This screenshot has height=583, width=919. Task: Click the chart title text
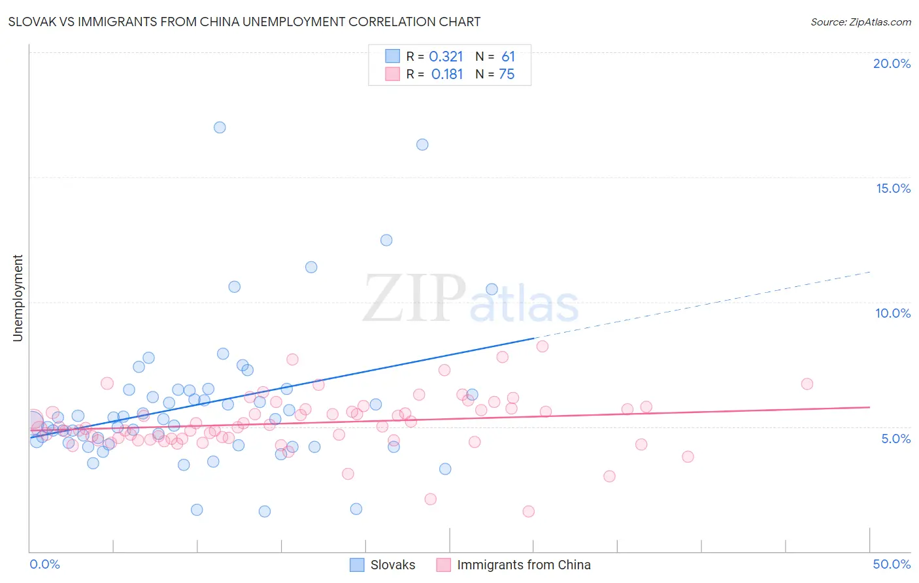coord(244,22)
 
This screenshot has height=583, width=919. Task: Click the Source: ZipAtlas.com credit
coord(860,22)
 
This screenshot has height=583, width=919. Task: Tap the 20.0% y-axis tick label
coord(892,63)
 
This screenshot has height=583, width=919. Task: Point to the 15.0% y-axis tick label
coord(893,188)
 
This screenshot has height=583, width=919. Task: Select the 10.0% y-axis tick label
coord(893,313)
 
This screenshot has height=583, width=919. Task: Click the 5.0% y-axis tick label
coord(895,439)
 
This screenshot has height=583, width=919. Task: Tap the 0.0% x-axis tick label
coord(44,564)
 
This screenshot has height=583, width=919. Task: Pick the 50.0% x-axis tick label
coord(892,564)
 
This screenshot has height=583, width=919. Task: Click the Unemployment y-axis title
coord(18,298)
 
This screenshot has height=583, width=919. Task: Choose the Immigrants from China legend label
coord(524,565)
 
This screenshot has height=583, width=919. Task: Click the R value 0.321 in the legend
coord(446,57)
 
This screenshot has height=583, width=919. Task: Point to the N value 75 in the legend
coord(507,75)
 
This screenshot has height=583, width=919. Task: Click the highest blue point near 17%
coord(220,127)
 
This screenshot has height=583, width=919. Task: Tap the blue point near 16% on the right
coord(422,144)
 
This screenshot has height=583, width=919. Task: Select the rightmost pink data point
coord(807,384)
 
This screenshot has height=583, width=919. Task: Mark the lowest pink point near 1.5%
coord(528,511)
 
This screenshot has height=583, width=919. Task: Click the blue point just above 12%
coord(386,240)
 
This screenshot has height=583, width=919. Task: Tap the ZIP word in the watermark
coord(414,299)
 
